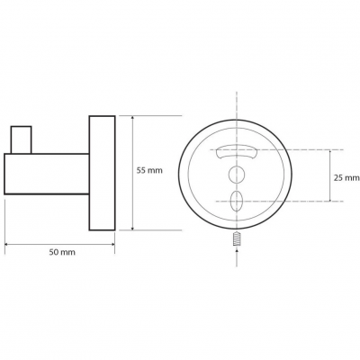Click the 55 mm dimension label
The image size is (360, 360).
pos(149,171)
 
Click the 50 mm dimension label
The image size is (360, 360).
pos(62,252)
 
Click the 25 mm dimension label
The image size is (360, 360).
pos(346,178)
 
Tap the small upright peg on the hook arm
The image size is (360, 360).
pos(21,139)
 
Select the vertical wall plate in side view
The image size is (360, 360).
pos(102,173)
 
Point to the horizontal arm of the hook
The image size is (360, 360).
pos(47,174)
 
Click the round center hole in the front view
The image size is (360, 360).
pos(236,174)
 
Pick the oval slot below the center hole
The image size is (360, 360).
pos(236,201)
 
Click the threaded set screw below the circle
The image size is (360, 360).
pos(237,240)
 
